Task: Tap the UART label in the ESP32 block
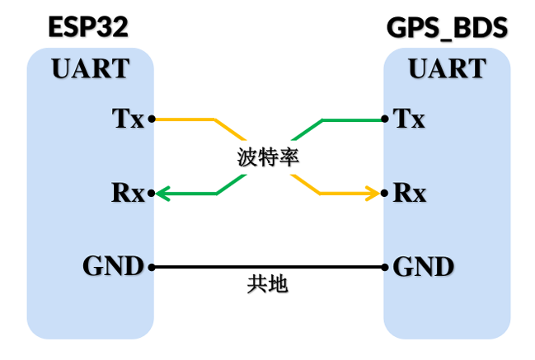(91, 68)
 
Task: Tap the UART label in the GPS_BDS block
(447, 68)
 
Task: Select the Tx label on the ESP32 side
(128, 119)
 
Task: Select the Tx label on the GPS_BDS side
(410, 119)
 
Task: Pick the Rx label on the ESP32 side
(128, 194)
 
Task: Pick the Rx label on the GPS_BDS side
(410, 194)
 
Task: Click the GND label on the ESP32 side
(113, 267)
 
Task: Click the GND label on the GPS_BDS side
(424, 267)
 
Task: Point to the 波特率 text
(267, 157)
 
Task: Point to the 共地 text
(268, 285)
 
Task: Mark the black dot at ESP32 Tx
(153, 119)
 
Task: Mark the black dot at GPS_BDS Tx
(385, 119)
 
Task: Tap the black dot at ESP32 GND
(153, 267)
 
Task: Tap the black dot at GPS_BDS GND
(385, 267)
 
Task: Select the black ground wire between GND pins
(268, 267)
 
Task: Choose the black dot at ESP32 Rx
(153, 194)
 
